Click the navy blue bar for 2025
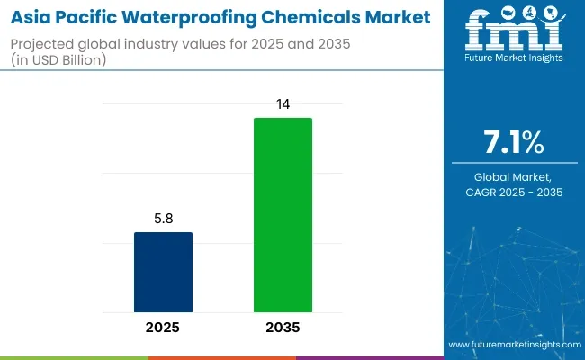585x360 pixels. [163, 273]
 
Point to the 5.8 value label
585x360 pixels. [163, 219]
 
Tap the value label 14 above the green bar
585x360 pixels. [283, 104]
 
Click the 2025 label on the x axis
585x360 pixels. [163, 328]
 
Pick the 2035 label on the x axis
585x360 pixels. [283, 328]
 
